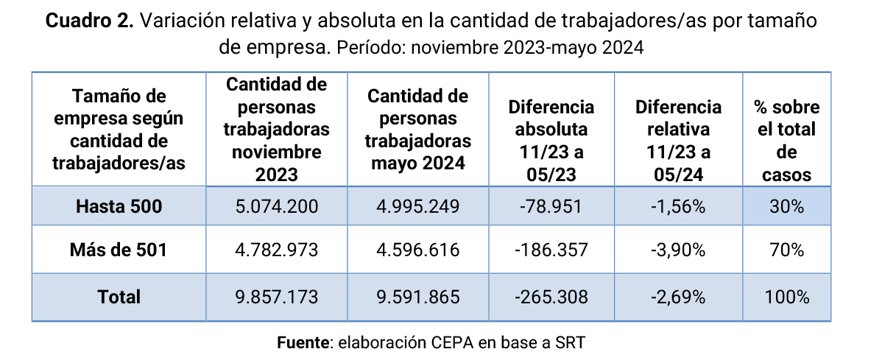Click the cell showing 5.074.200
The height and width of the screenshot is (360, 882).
point(277,207)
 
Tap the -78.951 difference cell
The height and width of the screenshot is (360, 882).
point(551,207)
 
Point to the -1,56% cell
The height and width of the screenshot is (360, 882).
point(678,207)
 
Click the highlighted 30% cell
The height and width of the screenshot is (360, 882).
point(786,207)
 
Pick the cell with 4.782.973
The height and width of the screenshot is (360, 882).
point(277,250)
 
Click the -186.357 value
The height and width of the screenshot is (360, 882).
point(551,250)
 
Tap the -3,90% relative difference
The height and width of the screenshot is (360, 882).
point(678,250)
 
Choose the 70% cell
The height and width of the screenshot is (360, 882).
point(786,250)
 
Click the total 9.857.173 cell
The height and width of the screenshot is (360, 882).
point(277,297)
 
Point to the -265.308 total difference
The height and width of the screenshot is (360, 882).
point(551,297)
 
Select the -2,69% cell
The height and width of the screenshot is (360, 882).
point(678,297)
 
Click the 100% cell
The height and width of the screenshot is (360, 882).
point(786,297)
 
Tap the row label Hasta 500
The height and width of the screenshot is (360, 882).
point(119,207)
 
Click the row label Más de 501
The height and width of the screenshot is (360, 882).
point(119,250)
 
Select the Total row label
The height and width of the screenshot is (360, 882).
point(119,297)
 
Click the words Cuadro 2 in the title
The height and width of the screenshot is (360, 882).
point(89,21)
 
